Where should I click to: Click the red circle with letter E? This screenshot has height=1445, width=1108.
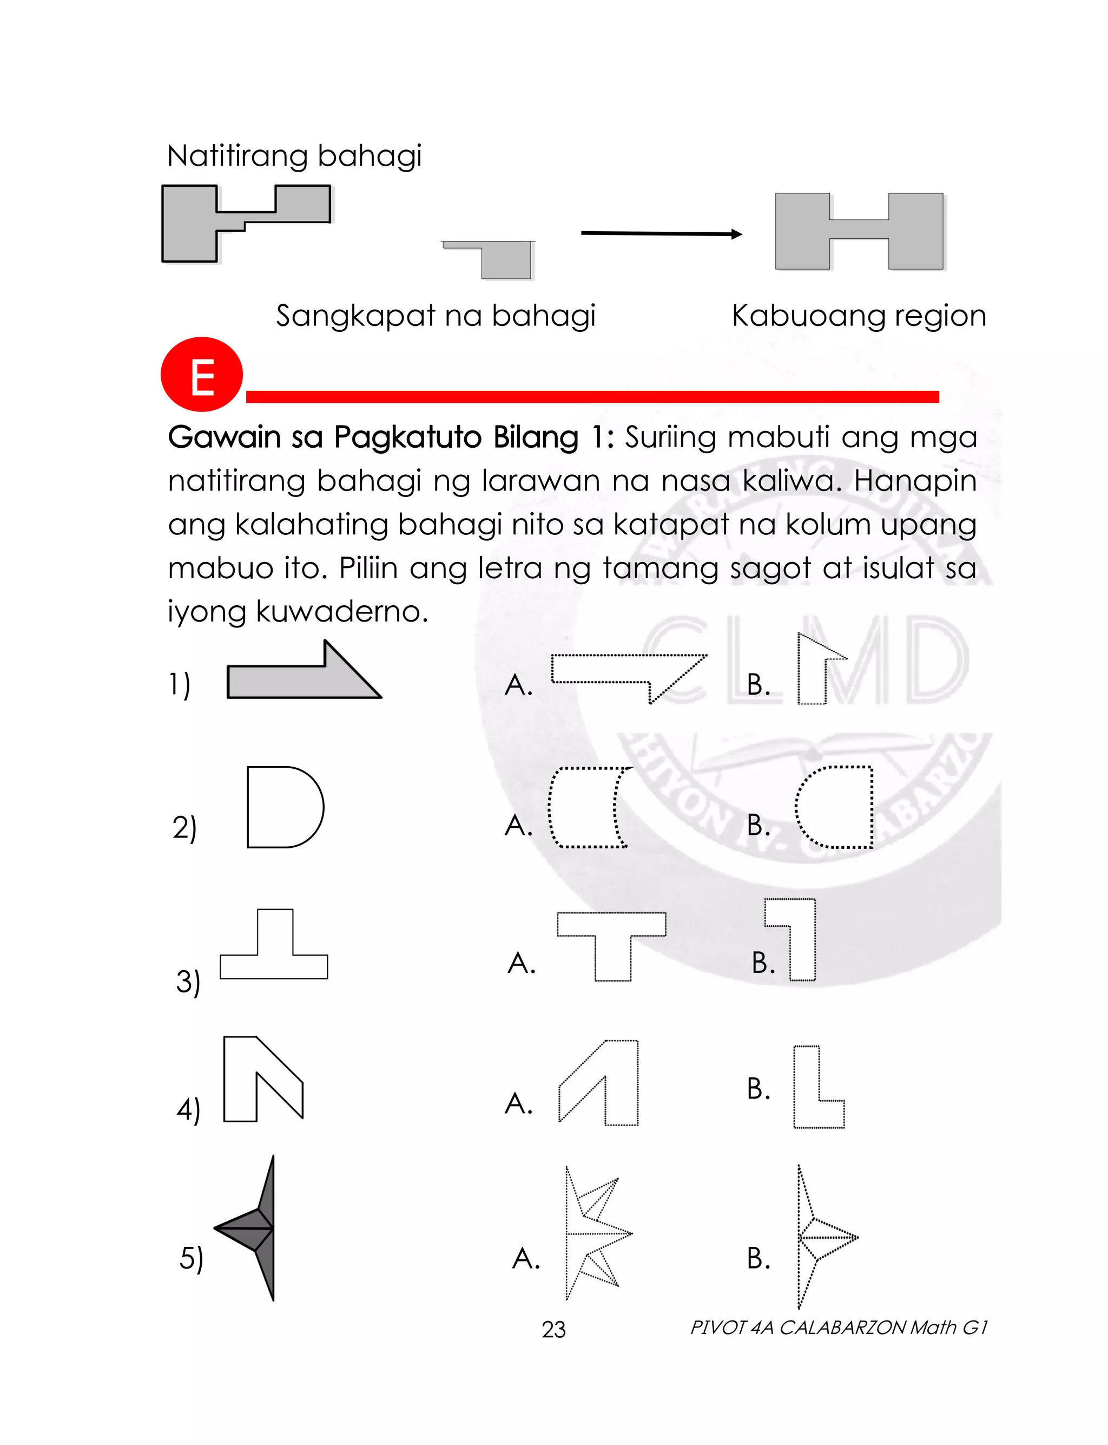coord(202,374)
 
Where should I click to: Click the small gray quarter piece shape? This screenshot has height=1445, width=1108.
coord(505,260)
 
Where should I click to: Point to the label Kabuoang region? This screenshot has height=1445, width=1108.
coord(859,316)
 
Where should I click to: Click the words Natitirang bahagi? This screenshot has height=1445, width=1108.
coord(294,156)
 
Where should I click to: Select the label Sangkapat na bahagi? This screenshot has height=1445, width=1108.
coord(436,316)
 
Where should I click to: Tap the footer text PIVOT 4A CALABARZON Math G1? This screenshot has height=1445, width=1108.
coord(839,1327)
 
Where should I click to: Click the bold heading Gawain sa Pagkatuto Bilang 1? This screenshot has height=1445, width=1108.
coord(391,437)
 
